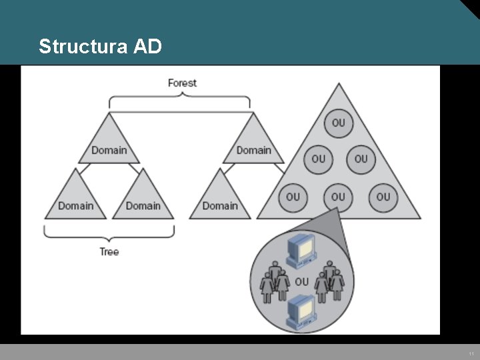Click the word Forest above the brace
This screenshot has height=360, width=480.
click(x=182, y=83)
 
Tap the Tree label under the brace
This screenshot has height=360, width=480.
click(x=109, y=251)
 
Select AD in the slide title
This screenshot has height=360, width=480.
click(x=147, y=47)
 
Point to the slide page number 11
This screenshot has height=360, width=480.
click(x=471, y=353)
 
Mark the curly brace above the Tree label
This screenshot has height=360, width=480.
click(x=109, y=233)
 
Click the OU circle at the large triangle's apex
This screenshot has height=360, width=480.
click(x=339, y=123)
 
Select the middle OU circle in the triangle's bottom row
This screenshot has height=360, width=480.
click(x=339, y=197)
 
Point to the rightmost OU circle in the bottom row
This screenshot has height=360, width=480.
click(x=383, y=197)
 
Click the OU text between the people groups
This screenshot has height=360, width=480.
click(x=301, y=281)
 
